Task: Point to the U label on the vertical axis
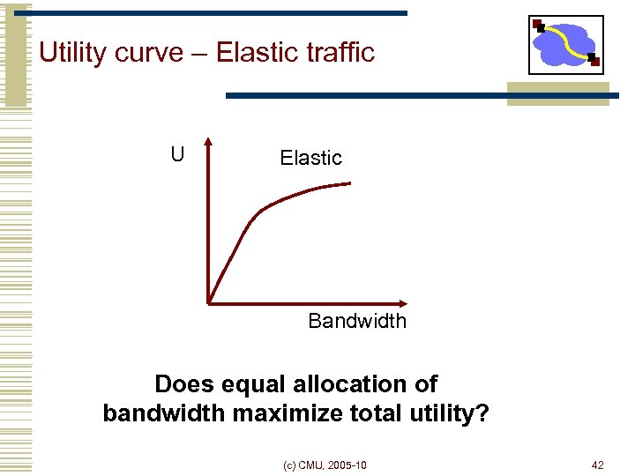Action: pos(177,155)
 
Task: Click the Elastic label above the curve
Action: pos(310,158)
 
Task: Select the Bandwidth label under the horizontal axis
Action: pos(357,321)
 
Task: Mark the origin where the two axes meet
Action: pos(209,303)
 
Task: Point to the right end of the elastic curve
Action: pos(349,183)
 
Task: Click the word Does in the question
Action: pos(183,384)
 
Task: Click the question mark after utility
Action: pos(482,413)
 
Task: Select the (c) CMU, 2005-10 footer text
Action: pos(325,465)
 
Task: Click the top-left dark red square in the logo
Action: pos(538,25)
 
